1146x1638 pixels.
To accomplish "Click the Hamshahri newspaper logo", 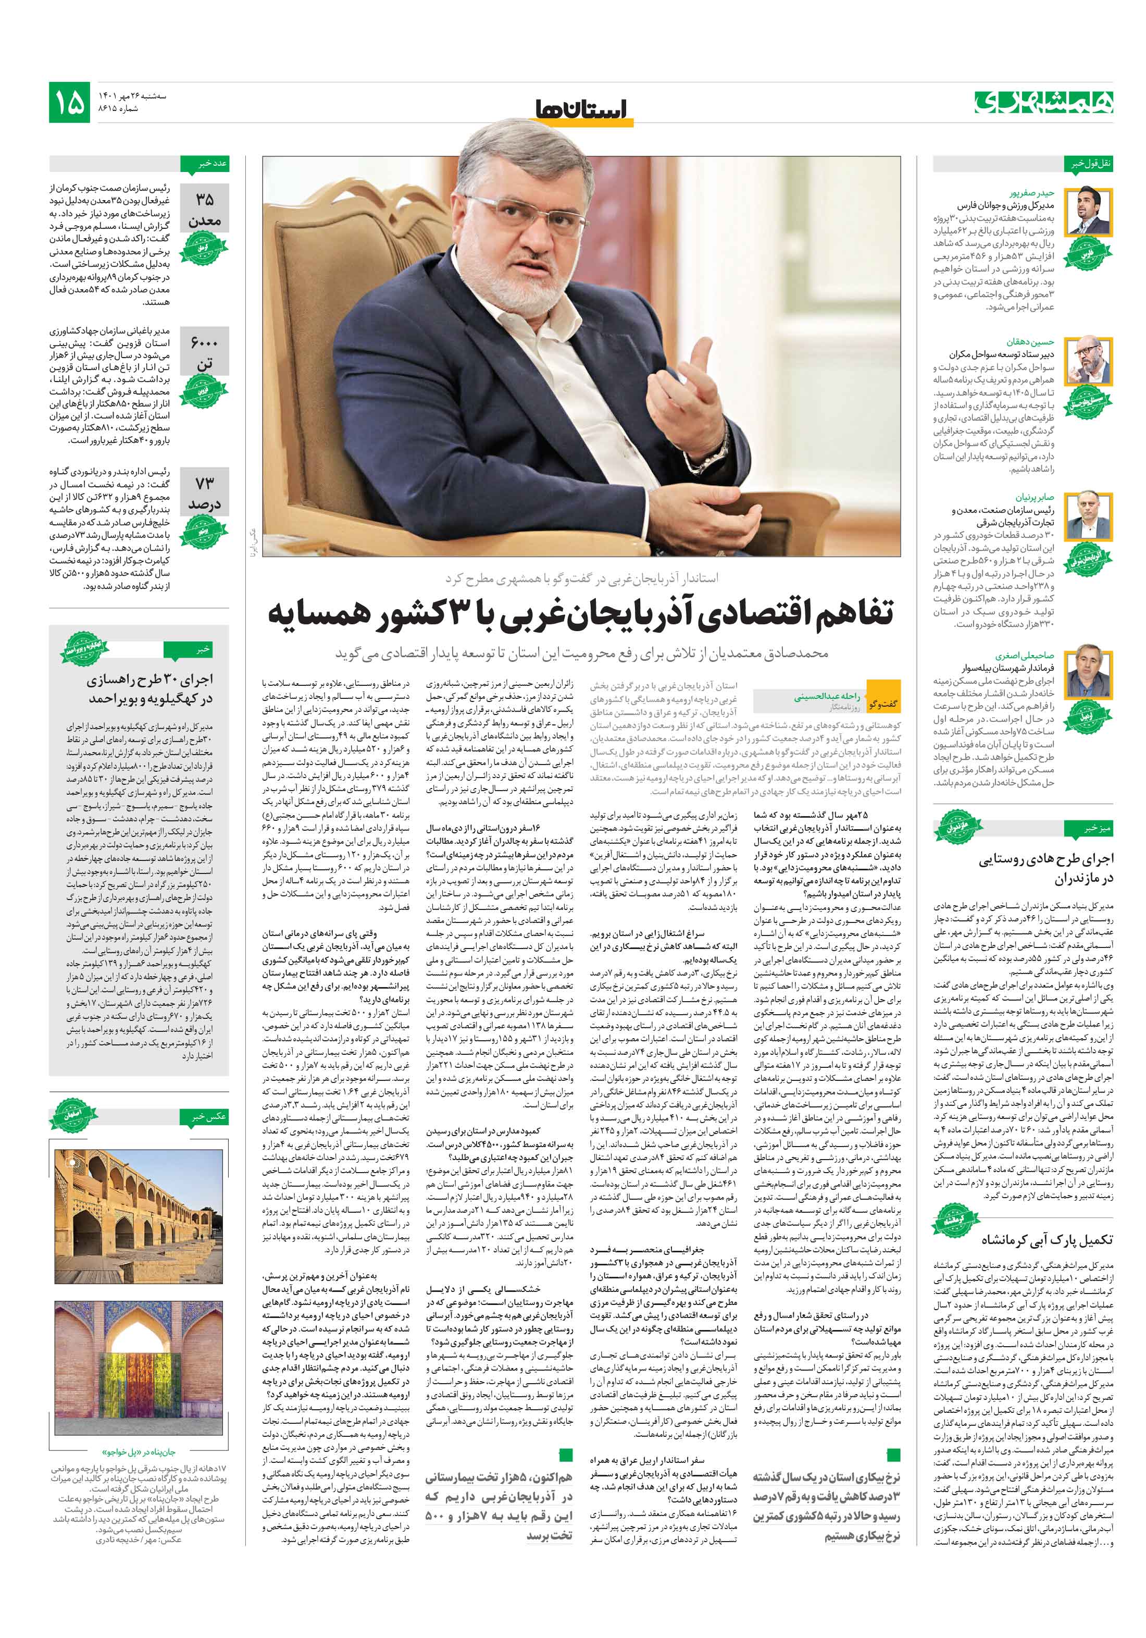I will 1043,102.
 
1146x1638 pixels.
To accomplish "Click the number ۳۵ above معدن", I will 205,200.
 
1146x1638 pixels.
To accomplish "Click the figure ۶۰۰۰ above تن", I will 205,342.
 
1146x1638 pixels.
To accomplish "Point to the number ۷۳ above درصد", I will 205,484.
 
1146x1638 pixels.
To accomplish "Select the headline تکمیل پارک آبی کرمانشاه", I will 1045,1240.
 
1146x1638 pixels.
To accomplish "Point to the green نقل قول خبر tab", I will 1088,164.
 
